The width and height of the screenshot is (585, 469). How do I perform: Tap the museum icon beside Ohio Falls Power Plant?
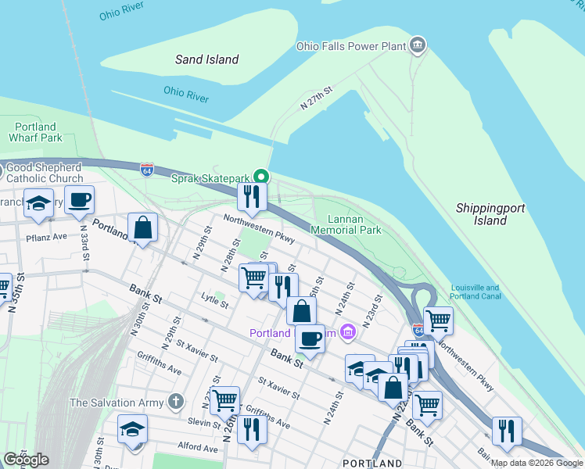click(418, 46)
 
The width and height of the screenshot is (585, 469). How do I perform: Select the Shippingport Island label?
click(490, 214)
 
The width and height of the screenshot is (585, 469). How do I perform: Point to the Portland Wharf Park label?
click(35, 132)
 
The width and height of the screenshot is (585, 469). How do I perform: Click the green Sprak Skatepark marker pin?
click(264, 177)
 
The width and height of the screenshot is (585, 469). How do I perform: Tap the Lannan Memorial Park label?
click(346, 224)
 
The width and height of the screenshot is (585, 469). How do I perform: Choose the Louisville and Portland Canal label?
click(475, 292)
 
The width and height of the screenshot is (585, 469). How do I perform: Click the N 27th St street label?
click(318, 98)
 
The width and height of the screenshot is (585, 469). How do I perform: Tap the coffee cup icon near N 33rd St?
click(80, 199)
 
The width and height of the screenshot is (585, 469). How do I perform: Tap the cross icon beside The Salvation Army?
click(176, 403)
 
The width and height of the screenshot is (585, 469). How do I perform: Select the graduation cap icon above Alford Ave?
click(133, 429)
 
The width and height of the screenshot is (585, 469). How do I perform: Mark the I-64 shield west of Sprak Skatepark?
click(147, 170)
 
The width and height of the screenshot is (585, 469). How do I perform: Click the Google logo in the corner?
click(26, 460)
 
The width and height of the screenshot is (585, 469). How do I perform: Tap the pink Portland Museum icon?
click(348, 334)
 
